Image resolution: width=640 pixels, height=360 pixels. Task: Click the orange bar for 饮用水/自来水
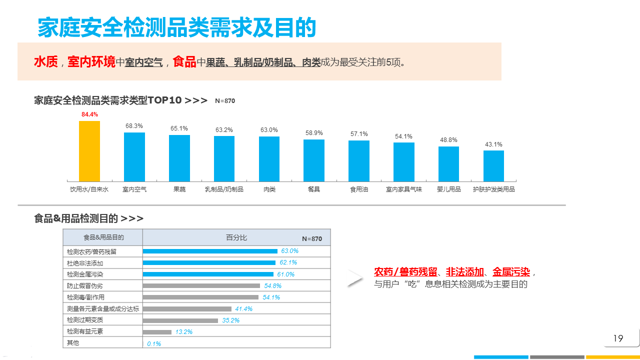89,151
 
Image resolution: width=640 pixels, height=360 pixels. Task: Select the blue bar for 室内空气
134,156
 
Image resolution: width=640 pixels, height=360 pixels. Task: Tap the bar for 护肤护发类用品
493,166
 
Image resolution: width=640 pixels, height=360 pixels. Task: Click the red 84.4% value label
90,114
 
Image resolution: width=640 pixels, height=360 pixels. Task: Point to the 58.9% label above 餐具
314,133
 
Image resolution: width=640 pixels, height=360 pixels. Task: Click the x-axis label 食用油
359,189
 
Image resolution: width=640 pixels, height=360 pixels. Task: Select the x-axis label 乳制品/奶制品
224,189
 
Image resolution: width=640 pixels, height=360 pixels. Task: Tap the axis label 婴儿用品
448,189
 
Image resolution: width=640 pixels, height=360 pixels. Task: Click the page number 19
618,338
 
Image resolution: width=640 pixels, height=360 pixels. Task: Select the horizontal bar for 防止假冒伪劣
201,285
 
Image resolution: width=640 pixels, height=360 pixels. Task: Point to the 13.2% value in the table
184,331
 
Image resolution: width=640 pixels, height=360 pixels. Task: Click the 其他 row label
73,343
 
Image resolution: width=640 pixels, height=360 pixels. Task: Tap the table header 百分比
236,237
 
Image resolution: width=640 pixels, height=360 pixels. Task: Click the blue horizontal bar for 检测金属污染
208,274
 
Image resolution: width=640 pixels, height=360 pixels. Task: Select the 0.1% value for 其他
154,343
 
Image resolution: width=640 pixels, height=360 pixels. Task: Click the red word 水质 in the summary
46,62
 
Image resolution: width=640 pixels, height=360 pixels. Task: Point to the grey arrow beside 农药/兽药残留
355,278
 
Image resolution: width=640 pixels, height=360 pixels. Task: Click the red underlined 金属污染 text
511,272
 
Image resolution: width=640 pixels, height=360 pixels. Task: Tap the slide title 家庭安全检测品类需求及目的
177,27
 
